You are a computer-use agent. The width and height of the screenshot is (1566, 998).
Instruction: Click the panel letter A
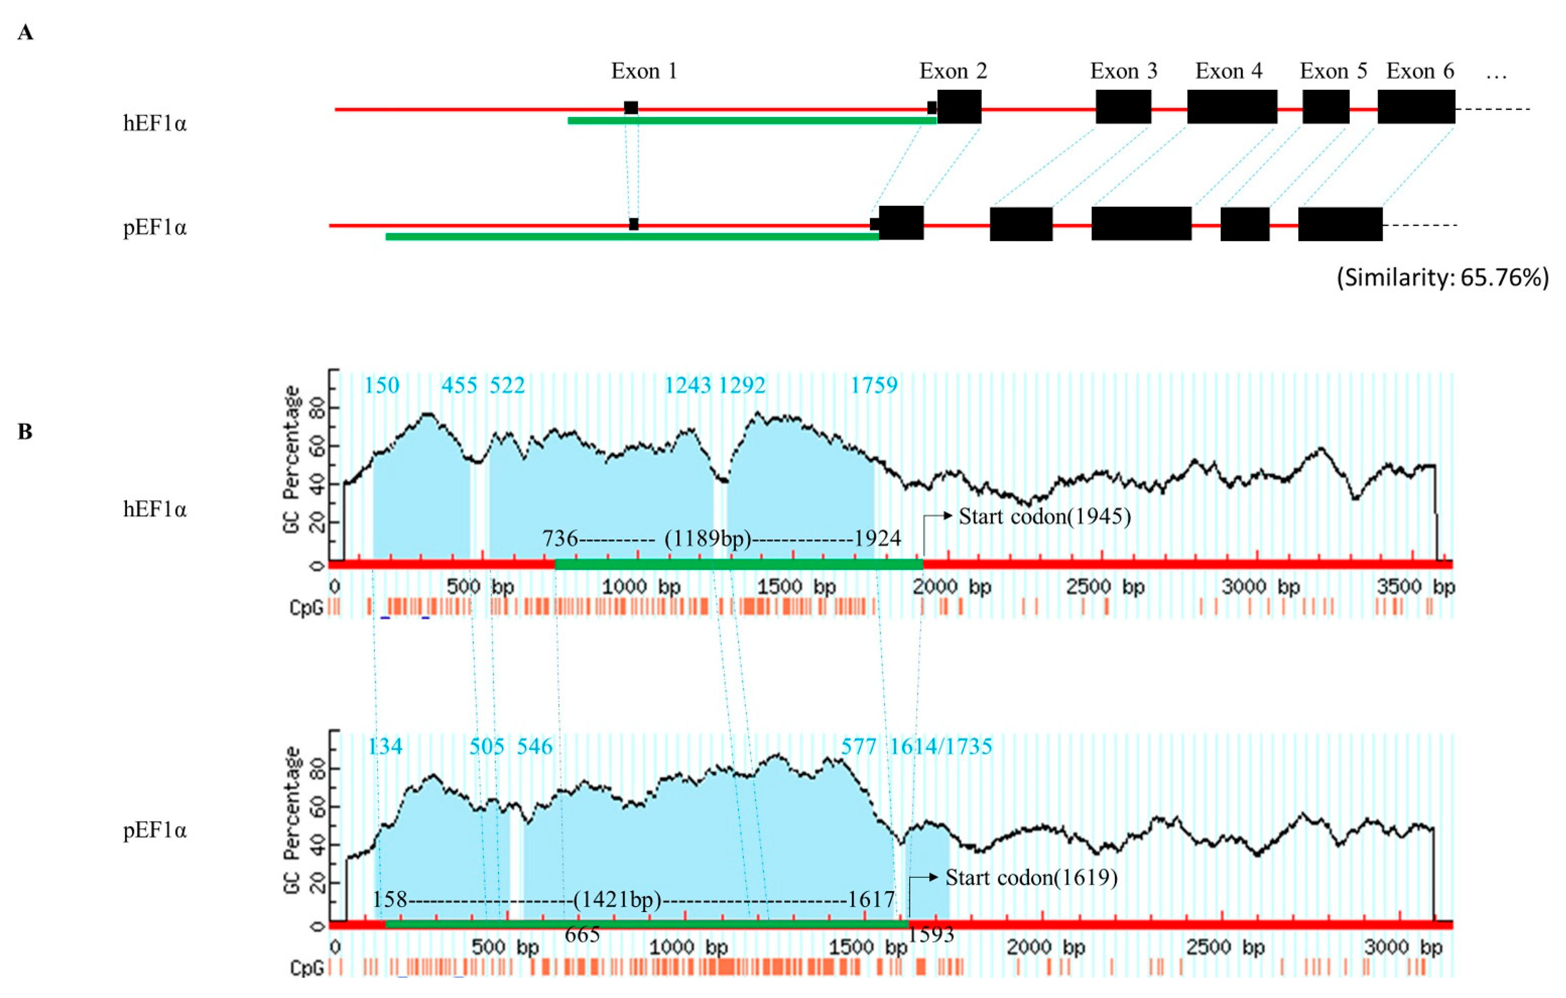point(25,32)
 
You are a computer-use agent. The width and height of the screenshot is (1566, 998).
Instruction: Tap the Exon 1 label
point(644,71)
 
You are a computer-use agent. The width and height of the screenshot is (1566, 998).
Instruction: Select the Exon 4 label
point(1229,71)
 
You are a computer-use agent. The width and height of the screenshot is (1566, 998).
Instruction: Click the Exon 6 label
point(1420,71)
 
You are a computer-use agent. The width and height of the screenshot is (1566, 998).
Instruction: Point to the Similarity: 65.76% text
point(1442,278)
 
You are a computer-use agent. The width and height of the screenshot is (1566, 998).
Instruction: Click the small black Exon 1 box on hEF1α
point(631,108)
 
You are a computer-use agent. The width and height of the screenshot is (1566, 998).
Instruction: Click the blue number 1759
point(874,385)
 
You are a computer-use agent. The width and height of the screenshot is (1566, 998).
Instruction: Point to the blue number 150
point(381,385)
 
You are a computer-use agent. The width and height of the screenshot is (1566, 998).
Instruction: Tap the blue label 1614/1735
point(940,747)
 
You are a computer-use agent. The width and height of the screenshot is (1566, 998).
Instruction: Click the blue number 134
point(385,747)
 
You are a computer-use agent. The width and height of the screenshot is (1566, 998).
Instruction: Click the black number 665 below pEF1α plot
point(582,935)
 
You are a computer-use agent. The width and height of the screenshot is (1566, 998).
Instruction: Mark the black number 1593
point(931,935)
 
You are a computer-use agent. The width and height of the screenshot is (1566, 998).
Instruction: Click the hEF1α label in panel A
point(155,123)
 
